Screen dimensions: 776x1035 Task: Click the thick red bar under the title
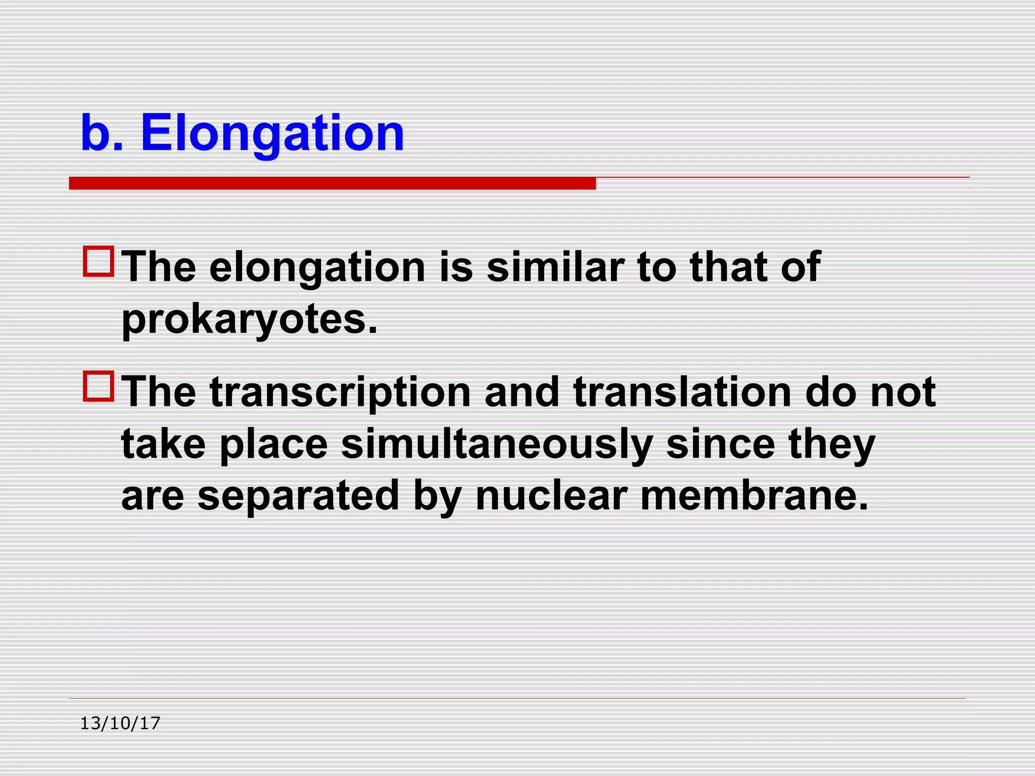coord(332,183)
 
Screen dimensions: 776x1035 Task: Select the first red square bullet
coord(99,261)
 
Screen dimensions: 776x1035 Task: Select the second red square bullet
coord(99,386)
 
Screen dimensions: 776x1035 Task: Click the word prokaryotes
coord(249,320)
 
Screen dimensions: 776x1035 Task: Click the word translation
coord(682,393)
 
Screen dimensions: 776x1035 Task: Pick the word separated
coord(298,496)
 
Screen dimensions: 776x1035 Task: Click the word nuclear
coord(551,496)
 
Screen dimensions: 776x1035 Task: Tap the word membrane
coord(754,496)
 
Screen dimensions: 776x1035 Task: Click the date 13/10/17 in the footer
coord(120,723)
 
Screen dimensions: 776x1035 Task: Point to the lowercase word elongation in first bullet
coord(317,268)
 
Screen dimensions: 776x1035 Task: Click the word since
coord(720,445)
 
